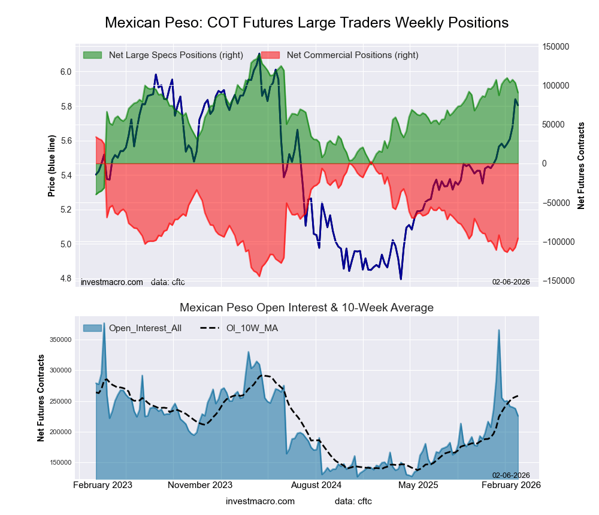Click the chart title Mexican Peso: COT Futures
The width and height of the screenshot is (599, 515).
(x=307, y=23)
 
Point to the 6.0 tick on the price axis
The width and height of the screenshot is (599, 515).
(x=65, y=72)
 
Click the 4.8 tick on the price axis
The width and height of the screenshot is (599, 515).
(x=65, y=278)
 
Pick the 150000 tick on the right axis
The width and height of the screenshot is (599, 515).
(x=556, y=47)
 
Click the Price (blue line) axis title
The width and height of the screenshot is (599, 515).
(x=52, y=166)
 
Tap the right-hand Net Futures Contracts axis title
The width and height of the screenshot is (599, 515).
(x=581, y=165)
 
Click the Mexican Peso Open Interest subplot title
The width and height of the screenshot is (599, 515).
(x=307, y=308)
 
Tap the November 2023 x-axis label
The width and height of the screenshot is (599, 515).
(x=200, y=484)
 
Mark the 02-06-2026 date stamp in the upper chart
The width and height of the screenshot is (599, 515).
(x=511, y=281)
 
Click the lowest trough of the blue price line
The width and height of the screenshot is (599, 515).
(x=401, y=279)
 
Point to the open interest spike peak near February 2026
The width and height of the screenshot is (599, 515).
(x=498, y=330)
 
